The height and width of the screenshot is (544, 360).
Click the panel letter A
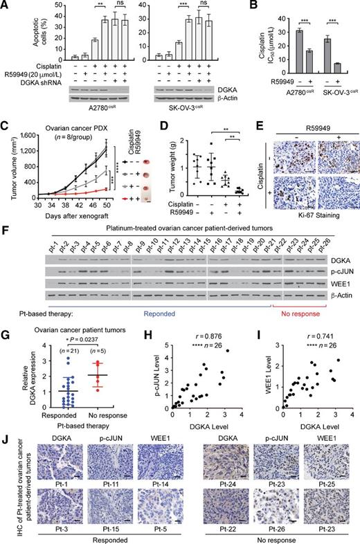pos(5,6)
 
